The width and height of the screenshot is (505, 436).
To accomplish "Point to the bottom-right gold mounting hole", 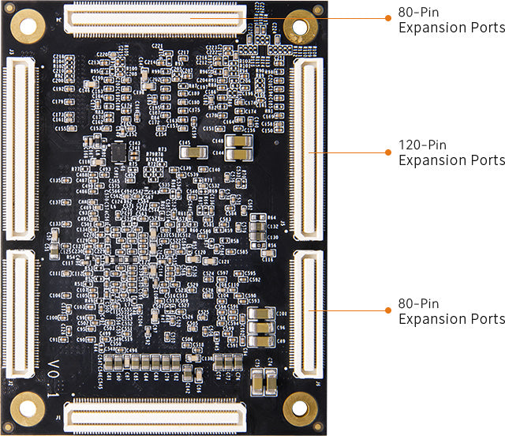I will [301, 408].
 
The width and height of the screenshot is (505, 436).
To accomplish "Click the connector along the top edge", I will [155, 20].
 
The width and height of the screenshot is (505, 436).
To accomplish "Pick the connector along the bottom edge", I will [155, 416].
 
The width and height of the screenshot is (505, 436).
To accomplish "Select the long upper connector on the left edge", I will [21, 148].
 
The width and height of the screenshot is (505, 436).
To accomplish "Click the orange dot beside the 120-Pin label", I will [387, 152].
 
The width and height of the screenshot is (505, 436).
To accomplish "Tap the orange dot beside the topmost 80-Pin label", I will [387, 17].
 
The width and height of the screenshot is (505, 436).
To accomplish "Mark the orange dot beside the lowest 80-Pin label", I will [387, 310].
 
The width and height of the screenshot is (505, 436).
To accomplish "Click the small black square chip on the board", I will [118, 151].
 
